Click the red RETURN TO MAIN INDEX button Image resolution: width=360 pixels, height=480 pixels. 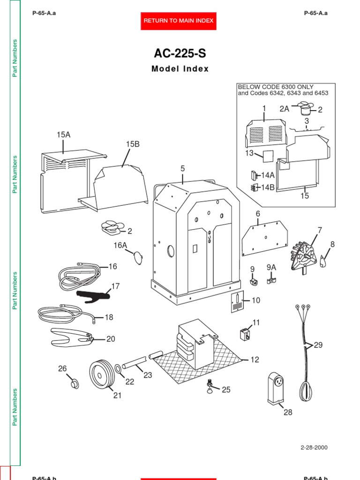[x=178, y=21]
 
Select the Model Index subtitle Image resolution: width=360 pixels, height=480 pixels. [x=180, y=69]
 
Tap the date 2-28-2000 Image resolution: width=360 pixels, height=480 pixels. [x=314, y=447]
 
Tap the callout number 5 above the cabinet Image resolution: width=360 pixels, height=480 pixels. [x=183, y=168]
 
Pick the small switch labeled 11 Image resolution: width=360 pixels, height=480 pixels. [x=244, y=334]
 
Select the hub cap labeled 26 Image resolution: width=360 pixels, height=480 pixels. [x=73, y=383]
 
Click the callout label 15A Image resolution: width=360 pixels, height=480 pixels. [x=63, y=135]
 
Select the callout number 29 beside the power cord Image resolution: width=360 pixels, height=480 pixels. [x=318, y=345]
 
